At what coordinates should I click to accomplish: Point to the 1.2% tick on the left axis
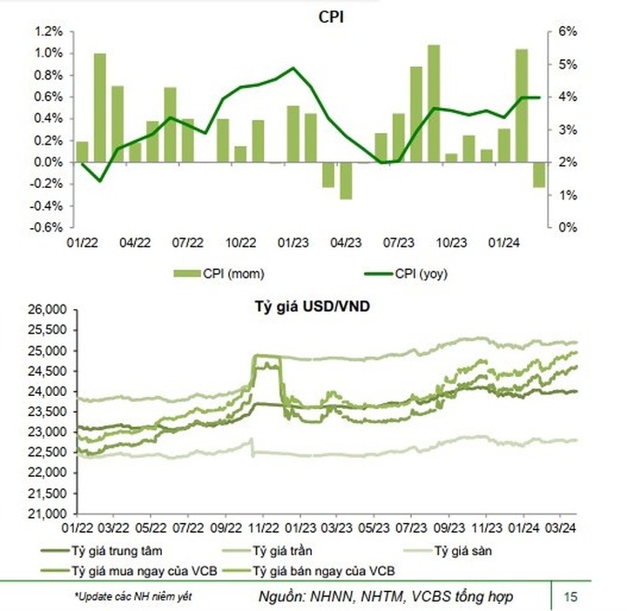48,31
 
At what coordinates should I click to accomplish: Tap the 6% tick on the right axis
565,31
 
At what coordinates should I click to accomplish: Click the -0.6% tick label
45,227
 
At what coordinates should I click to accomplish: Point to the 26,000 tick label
47,310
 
